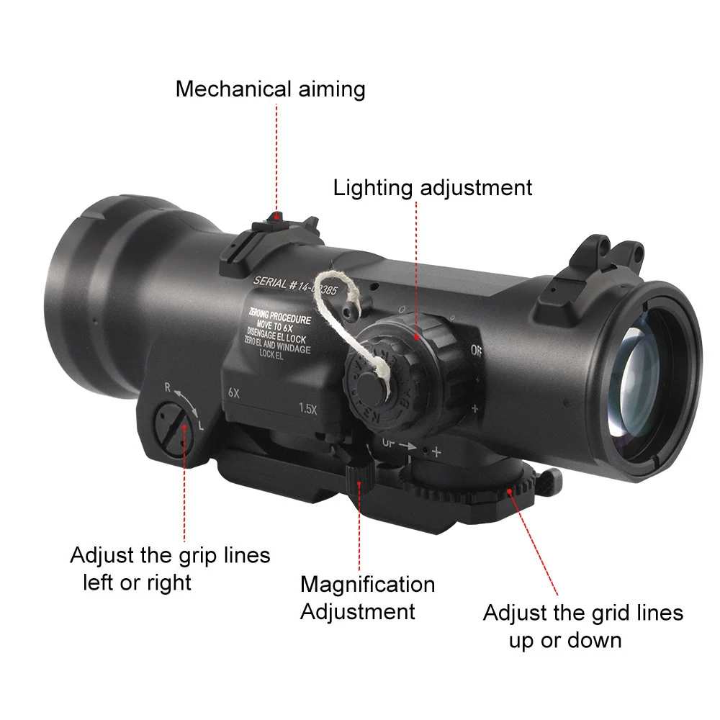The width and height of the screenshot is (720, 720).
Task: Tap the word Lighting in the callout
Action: [x=372, y=188]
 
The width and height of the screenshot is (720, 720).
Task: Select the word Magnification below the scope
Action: [x=367, y=584]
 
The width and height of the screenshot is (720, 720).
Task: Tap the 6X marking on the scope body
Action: [x=233, y=394]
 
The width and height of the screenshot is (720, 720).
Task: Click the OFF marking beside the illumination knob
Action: [x=476, y=351]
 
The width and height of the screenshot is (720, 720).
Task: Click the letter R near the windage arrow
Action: [x=168, y=387]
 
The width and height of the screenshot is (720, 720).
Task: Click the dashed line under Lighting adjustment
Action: [x=416, y=266]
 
